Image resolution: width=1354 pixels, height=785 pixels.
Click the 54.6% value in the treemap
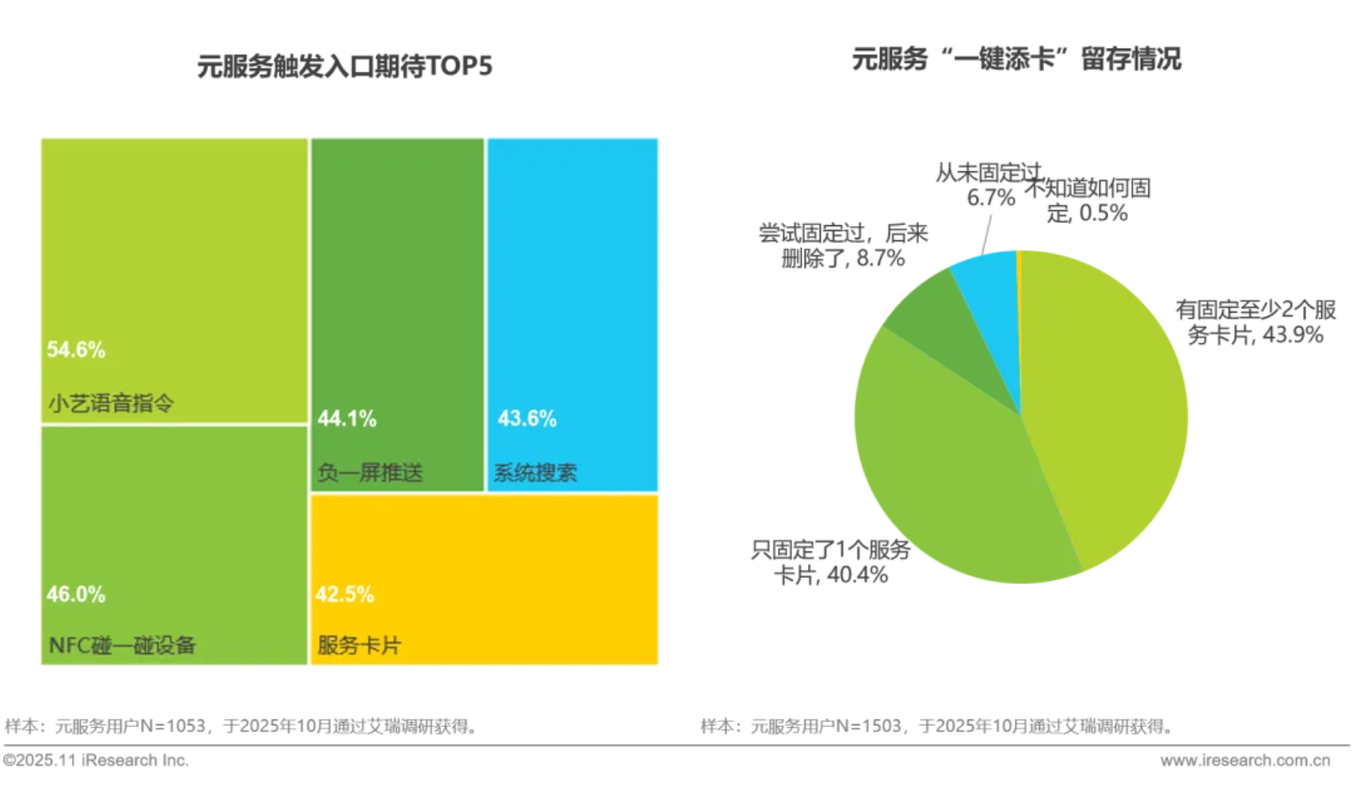[x=76, y=350]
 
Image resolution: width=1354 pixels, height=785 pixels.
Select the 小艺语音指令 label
[x=111, y=403]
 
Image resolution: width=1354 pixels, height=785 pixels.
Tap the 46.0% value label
[x=76, y=594]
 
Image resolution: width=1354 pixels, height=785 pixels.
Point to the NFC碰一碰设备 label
[x=122, y=645]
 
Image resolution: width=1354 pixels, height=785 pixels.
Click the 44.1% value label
[x=347, y=419]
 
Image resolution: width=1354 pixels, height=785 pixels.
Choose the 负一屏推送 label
[x=370, y=472]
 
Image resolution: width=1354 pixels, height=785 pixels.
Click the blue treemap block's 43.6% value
[x=527, y=419]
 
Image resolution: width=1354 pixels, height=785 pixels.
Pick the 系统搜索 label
[x=535, y=472]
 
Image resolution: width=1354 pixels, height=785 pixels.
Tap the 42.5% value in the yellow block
[x=344, y=594]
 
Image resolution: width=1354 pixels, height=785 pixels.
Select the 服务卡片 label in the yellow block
[x=359, y=645]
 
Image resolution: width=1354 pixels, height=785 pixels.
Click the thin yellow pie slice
[x=1019, y=277]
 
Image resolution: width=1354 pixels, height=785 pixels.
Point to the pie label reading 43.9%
[x=1256, y=323]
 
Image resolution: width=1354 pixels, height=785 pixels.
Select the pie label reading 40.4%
[x=831, y=562]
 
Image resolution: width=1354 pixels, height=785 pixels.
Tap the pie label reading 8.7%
[x=843, y=245]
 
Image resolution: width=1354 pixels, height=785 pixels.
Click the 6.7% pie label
[x=989, y=186]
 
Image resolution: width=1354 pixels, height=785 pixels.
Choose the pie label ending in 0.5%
[x=1089, y=200]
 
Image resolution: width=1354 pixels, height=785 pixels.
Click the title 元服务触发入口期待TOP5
[x=344, y=66]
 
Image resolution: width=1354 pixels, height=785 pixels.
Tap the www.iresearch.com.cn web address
[x=1245, y=760]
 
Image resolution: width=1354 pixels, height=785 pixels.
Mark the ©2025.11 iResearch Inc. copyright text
[x=96, y=760]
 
